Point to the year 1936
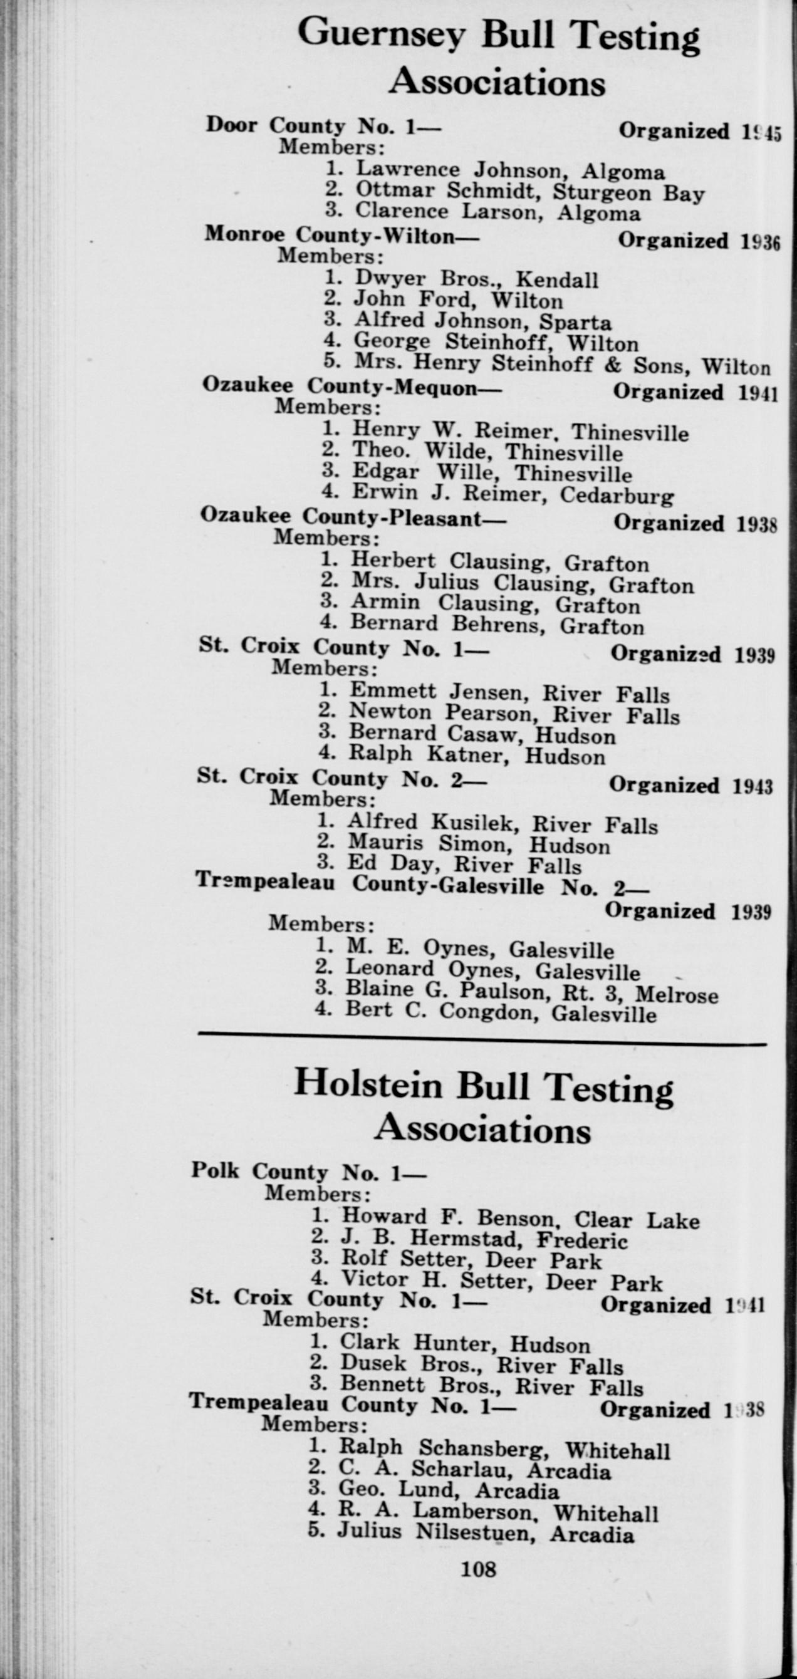[x=761, y=241]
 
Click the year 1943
[x=753, y=786]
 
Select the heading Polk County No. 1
[x=308, y=1173]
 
